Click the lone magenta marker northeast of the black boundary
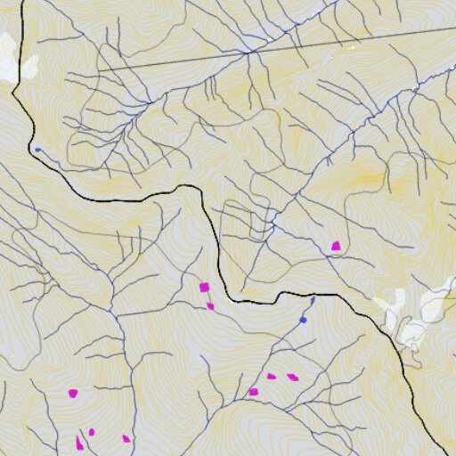336,246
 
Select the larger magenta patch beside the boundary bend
204,287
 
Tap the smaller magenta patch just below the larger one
210,305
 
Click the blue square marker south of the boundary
303,320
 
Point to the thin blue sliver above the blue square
312,301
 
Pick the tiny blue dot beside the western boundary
37,150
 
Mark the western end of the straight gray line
98,70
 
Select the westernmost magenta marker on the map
73,392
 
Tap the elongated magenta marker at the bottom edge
79,443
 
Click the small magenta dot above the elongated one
91,432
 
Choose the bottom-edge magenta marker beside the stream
126,438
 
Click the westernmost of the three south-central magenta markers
253,391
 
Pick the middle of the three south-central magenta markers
272,376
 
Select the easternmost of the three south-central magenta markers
292,377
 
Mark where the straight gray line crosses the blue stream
247,53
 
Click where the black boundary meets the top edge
22,1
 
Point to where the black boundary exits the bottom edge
444,454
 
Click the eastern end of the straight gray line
455,28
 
